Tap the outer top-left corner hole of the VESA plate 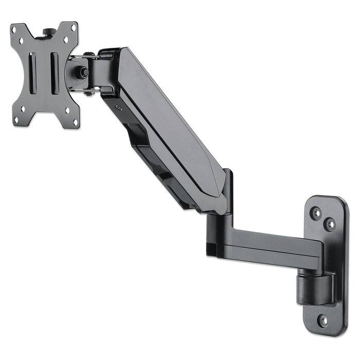[x=15, y=30]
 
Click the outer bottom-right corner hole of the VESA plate [x=76, y=123]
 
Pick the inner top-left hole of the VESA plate [x=23, y=40]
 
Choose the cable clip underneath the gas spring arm [x=154, y=165]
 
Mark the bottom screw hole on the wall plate [x=323, y=320]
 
